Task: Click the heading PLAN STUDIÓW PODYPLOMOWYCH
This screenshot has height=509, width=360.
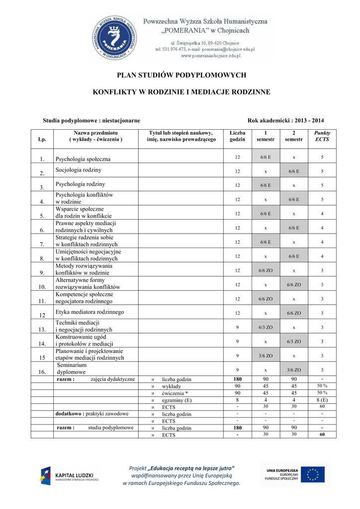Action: point(181,75)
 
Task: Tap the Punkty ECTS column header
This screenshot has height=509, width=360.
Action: point(322,136)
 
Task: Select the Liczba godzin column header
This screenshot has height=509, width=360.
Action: point(237,136)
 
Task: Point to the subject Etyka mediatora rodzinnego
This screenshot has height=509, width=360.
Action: point(90,312)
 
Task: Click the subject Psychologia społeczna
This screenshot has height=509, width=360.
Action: point(83,159)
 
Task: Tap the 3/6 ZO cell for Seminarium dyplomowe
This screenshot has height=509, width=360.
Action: point(293,370)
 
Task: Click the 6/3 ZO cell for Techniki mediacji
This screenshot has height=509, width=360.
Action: point(266,327)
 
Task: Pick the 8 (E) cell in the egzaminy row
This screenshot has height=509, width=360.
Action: point(322,400)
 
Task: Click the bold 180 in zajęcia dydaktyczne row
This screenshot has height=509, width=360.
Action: point(237,379)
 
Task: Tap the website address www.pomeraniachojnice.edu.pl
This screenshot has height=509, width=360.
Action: point(210,56)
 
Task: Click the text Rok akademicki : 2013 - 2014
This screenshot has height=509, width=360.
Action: point(285,121)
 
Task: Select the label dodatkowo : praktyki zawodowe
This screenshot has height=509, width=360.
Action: point(92,414)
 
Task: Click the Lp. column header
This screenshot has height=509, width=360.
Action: point(42,140)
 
